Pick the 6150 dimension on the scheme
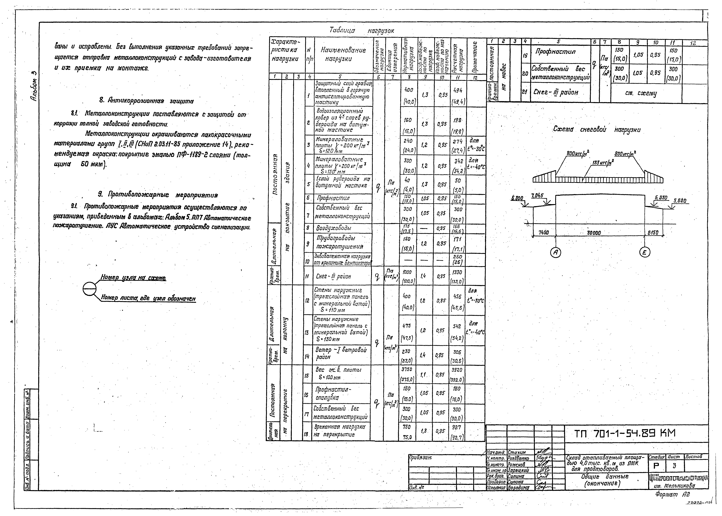click(653, 233)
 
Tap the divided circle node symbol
click(89, 289)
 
